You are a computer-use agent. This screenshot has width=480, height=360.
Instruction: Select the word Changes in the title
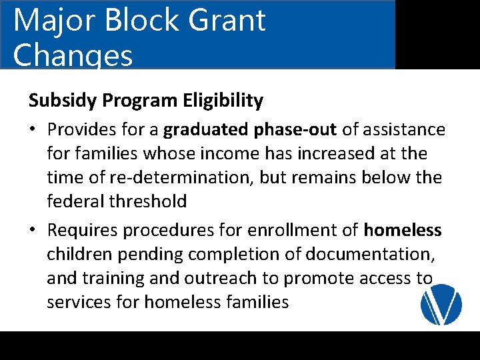(73, 55)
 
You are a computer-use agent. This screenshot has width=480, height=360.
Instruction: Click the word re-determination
(171, 177)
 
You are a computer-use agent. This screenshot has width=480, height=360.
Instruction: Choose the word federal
(73, 201)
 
